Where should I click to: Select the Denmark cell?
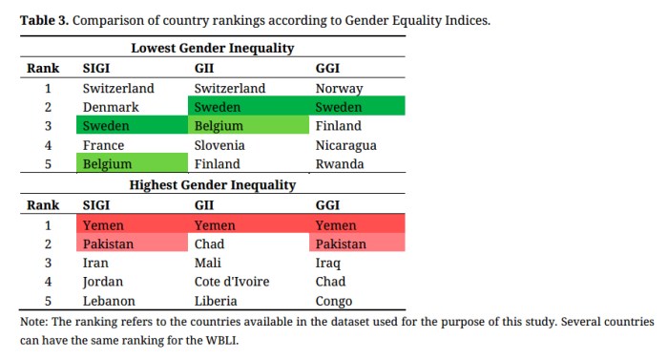click(111, 108)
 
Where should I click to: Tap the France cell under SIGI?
click(104, 145)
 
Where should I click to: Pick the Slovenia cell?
click(219, 145)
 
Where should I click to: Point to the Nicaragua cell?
click(345, 145)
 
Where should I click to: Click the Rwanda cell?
click(340, 164)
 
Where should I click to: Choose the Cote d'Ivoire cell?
click(231, 282)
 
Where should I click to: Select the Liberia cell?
click(217, 301)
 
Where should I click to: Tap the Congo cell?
click(335, 301)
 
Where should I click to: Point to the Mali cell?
click(208, 263)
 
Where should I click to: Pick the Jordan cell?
click(104, 282)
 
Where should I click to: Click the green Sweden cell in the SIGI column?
click(107, 126)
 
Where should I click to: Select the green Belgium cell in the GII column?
click(219, 126)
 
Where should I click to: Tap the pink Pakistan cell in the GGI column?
click(343, 244)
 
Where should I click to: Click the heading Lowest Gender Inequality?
click(212, 48)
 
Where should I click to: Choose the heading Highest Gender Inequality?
click(212, 185)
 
